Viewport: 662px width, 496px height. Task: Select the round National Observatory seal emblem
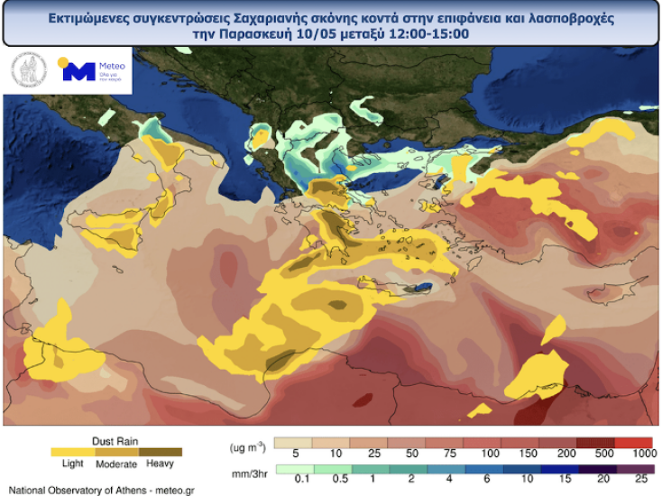29,71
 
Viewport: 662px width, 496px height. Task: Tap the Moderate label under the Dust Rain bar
115,464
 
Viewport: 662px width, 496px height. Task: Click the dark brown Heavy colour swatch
161,452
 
